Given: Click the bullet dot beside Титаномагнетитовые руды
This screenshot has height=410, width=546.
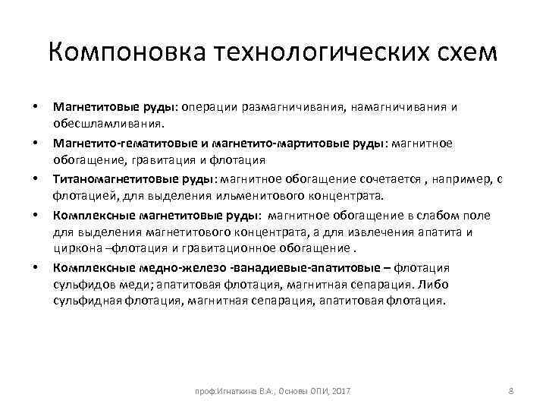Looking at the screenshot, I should [35, 179].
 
